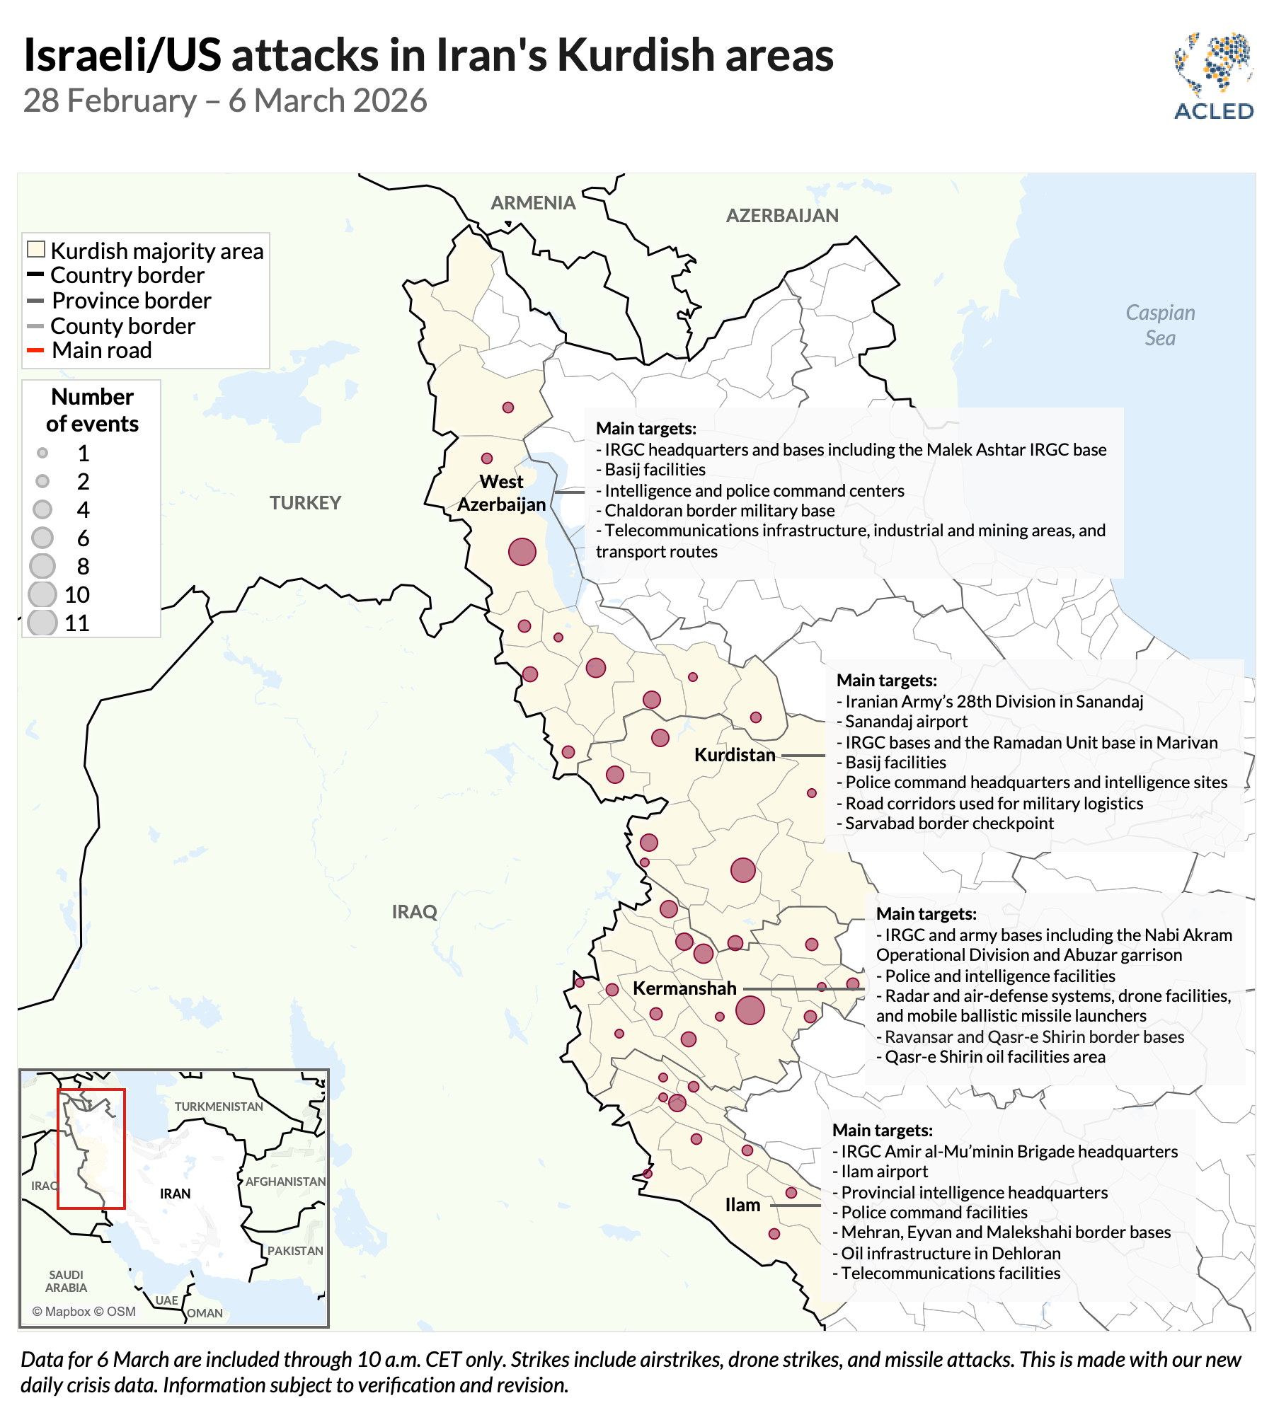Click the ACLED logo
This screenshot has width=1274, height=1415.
coord(1213,76)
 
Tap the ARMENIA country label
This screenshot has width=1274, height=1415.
coord(533,203)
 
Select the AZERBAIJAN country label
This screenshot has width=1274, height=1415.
coord(782,216)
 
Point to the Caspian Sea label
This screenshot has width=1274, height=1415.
coord(1160,325)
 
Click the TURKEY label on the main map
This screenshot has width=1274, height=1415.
coord(305,503)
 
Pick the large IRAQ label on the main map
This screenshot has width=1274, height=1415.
coord(415,912)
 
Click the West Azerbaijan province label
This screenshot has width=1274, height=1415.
coord(502,493)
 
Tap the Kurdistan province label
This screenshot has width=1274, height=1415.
coord(735,755)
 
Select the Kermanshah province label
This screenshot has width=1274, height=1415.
coord(684,988)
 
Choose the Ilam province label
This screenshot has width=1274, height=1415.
coord(742,1205)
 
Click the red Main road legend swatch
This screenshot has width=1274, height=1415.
coord(35,350)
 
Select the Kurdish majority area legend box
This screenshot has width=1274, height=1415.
coord(36,250)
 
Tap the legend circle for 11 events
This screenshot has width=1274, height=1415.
coord(42,623)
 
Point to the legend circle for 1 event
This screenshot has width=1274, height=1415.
coord(42,453)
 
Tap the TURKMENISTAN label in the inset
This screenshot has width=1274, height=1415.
coord(219,1107)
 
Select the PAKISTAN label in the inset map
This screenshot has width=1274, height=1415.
coord(295,1251)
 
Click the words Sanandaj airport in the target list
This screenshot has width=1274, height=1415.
coord(906,722)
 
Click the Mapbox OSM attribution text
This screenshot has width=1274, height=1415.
coord(84,1311)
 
